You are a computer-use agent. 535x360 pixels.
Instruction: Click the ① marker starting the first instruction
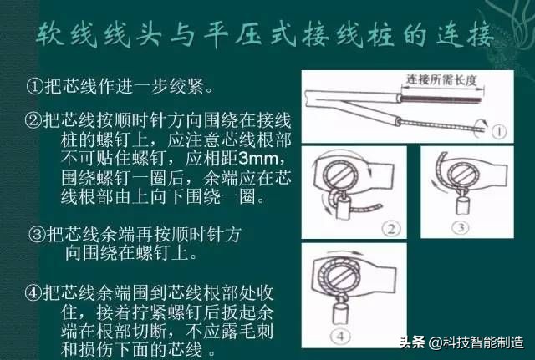click(x=34, y=85)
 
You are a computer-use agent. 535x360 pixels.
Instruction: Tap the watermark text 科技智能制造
click(x=484, y=342)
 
